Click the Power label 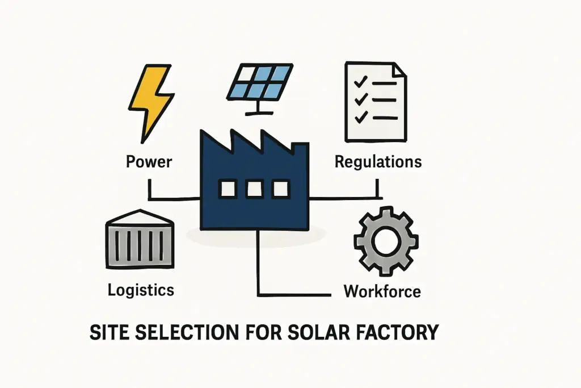click(149, 161)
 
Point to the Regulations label click(378, 161)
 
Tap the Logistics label click(141, 290)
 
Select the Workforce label click(382, 291)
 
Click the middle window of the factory click(254, 189)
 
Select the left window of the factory click(228, 189)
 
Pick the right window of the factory click(280, 189)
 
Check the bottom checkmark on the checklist click(359, 118)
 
